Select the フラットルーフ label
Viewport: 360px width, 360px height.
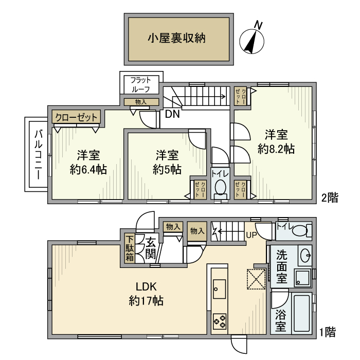140,84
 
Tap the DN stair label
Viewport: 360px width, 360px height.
172,115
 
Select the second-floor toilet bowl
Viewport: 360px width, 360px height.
221,188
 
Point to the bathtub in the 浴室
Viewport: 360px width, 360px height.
301,314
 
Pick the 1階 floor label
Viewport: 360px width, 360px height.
329,332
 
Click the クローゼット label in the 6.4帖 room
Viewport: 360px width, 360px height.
77,117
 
